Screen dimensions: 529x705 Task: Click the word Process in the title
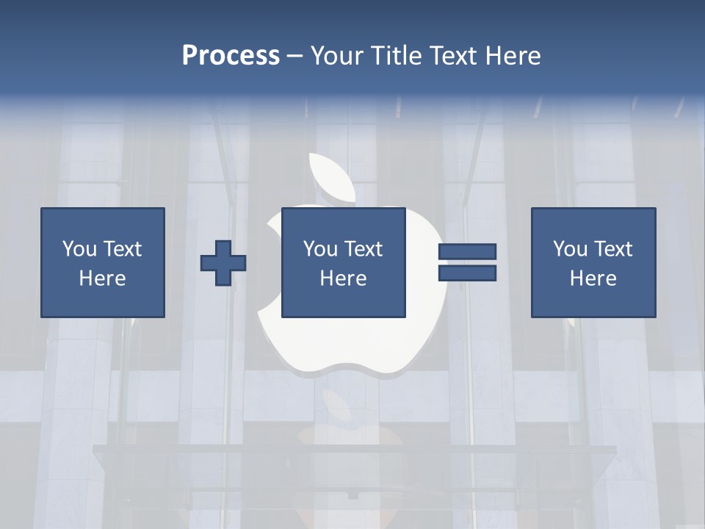pos(231,56)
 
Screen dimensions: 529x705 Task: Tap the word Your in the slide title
pos(337,56)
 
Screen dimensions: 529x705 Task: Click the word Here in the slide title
pos(513,56)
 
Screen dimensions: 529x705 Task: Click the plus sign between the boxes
pos(223,262)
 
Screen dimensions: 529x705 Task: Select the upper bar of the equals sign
pos(467,252)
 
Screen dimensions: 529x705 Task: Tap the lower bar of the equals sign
pos(467,273)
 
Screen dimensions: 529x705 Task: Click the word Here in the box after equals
pos(593,278)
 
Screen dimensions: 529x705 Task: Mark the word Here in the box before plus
pos(103,278)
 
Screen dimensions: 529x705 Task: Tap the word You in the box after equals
pos(570,249)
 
